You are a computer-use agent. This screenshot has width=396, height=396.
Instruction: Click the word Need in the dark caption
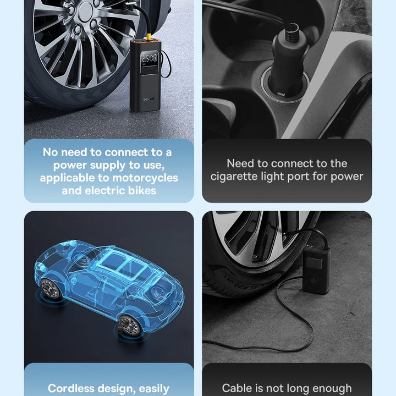point(240,163)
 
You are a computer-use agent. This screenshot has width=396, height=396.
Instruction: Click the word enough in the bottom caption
point(332,389)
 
